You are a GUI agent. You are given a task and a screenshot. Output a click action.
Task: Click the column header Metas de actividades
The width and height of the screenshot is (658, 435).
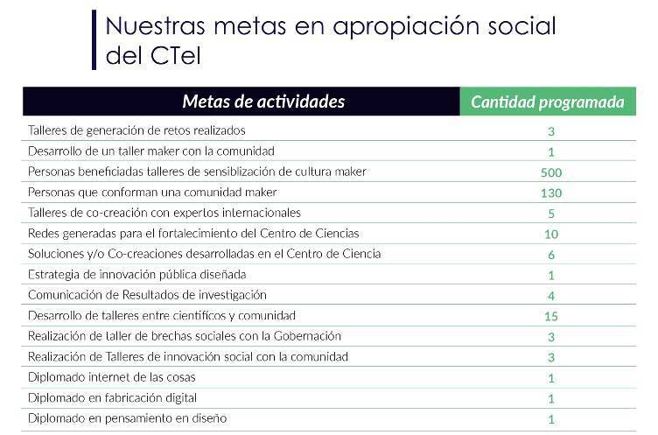[x=263, y=102]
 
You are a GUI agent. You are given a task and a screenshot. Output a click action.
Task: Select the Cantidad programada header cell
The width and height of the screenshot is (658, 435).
[x=548, y=102]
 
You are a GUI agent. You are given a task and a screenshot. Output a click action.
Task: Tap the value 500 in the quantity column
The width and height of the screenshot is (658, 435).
[x=551, y=172]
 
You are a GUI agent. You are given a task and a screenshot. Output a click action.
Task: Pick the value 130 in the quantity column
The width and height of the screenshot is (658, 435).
[x=551, y=193]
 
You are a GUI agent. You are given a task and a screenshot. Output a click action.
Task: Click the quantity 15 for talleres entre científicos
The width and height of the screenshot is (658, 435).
[x=551, y=316]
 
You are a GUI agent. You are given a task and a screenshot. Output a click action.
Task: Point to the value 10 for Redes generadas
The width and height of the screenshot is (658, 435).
[x=551, y=234]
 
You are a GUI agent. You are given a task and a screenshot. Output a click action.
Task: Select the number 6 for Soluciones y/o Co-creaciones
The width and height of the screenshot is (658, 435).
[x=551, y=255]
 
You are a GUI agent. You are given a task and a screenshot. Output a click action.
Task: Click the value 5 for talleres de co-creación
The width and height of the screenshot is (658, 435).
[x=551, y=214]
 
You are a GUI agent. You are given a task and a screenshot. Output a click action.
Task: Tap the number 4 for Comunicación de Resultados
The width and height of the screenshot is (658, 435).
[x=551, y=296]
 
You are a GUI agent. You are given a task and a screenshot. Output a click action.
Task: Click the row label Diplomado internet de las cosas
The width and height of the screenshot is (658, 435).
[x=111, y=377]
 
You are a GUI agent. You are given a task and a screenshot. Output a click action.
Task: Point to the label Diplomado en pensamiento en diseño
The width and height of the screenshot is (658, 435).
[x=127, y=418]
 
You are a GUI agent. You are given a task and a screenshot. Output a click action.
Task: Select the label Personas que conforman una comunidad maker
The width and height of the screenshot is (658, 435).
[x=152, y=192]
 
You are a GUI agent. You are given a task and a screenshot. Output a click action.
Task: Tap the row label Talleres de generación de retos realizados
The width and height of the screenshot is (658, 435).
[x=136, y=130]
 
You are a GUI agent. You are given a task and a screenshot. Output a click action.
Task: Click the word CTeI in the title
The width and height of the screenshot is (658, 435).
[x=180, y=55]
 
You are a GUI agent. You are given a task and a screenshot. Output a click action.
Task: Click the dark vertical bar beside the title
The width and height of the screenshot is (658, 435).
[x=94, y=39]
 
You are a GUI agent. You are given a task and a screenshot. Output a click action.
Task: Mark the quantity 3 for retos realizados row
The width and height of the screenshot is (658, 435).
[x=551, y=131]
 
